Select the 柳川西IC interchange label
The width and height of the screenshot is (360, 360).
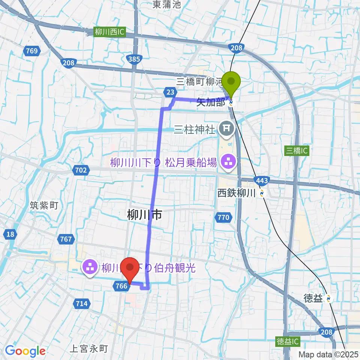tap(109, 32)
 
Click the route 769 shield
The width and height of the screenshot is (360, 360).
tap(32, 51)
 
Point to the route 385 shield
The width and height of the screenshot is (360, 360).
tap(134, 59)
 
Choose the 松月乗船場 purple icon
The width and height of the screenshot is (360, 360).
tap(227, 162)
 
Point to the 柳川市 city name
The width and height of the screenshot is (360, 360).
tap(145, 215)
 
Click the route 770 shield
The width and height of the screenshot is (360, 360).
tap(223, 217)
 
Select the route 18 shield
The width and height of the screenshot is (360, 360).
tap(10, 235)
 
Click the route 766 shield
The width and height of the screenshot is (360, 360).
tap(121, 286)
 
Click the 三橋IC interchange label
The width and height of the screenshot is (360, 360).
tap(297, 151)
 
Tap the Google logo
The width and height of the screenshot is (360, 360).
tap(25, 351)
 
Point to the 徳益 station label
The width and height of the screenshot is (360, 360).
tap(313, 298)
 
